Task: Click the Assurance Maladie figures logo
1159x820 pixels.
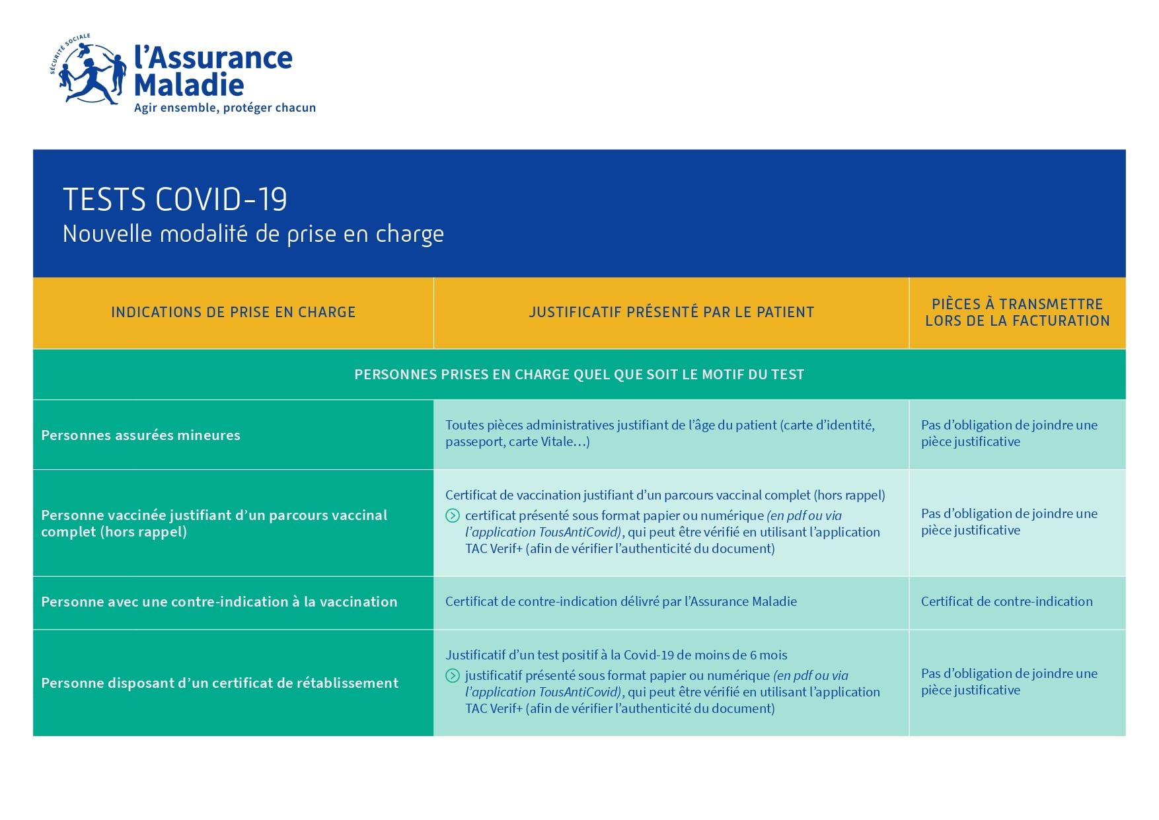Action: [89, 71]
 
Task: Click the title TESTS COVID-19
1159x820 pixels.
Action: [175, 200]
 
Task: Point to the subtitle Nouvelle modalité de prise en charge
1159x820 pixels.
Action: [253, 234]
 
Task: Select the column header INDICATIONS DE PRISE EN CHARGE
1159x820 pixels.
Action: [233, 313]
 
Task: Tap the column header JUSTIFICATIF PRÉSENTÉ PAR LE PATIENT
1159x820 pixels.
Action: [671, 313]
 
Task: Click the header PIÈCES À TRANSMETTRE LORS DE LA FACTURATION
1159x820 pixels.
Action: [1017, 313]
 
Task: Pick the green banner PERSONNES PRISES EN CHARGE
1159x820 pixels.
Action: [579, 375]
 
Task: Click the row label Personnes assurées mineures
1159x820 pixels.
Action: [141, 435]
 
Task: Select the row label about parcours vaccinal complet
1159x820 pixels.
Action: [214, 523]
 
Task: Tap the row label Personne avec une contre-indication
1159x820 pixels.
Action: [219, 602]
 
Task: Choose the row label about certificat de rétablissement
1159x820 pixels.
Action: [220, 683]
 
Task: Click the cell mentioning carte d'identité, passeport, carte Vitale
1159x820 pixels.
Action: [659, 433]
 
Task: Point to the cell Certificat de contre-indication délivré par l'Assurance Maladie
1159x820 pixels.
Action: [621, 602]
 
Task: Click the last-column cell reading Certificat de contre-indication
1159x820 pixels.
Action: [1006, 602]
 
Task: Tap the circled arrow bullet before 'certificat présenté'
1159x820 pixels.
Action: [453, 516]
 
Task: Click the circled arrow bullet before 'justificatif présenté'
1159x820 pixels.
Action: [453, 676]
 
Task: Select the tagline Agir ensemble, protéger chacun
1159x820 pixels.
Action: [225, 108]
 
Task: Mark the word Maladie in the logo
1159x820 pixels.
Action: [189, 85]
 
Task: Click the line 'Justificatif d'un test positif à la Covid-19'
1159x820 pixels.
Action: [616, 655]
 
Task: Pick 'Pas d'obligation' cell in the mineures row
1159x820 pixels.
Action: [1009, 433]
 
